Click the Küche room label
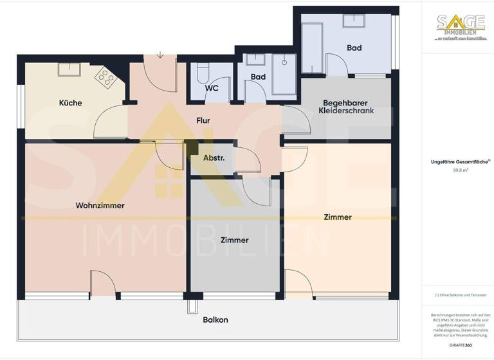click(70, 103)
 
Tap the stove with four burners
click(105, 78)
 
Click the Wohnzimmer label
click(100, 206)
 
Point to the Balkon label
click(215, 319)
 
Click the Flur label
click(203, 120)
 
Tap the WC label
click(212, 90)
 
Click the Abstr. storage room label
click(214, 157)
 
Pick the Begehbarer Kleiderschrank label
click(348, 107)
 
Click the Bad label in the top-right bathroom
click(354, 48)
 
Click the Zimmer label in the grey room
click(234, 240)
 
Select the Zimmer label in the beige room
click(338, 217)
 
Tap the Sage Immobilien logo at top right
click(459, 27)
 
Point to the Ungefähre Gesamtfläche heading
click(459, 162)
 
